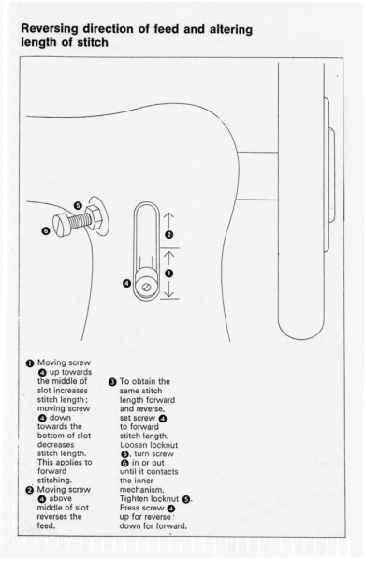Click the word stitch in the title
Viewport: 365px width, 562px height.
click(x=92, y=43)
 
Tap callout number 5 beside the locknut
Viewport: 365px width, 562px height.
click(x=78, y=206)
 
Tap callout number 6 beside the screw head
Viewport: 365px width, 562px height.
click(x=46, y=231)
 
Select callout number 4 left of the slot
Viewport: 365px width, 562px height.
click(x=126, y=284)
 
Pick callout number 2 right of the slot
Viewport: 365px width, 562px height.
click(x=169, y=235)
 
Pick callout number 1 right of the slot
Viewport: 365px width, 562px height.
click(x=169, y=274)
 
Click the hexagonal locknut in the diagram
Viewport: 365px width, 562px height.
click(x=95, y=217)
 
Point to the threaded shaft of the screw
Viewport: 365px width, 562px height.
click(x=78, y=221)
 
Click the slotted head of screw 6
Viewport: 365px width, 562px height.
click(x=61, y=227)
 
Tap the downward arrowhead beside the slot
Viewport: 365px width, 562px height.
click(x=169, y=295)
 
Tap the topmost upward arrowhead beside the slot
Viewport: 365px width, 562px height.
click(x=169, y=215)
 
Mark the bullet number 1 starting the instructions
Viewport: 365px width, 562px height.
click(x=29, y=363)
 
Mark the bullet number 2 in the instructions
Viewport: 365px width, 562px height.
click(x=29, y=490)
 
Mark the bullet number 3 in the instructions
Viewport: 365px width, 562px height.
click(x=112, y=382)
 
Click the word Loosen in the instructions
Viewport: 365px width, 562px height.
click(x=134, y=445)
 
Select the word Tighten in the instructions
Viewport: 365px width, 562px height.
click(x=134, y=499)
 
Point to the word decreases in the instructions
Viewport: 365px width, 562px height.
click(x=56, y=445)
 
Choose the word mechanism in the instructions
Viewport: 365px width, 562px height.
click(x=142, y=490)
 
